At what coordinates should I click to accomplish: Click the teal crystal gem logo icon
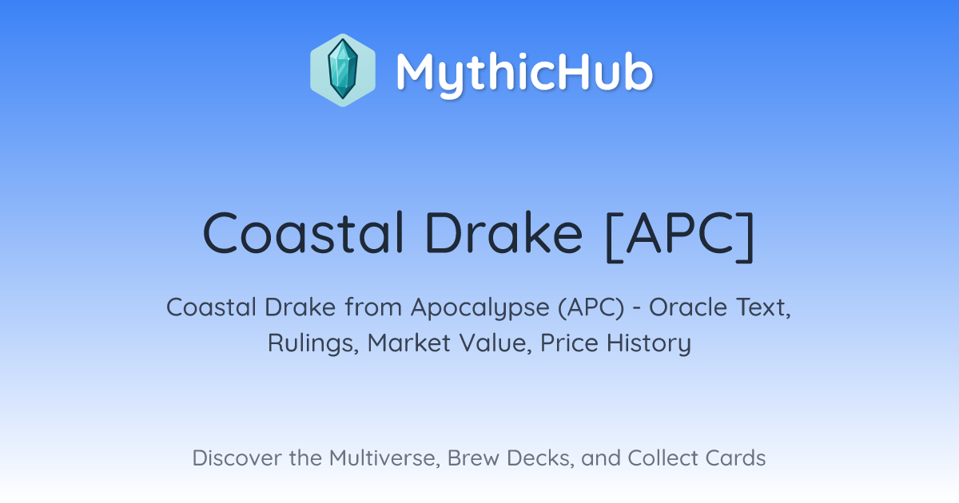pyautogui.click(x=343, y=70)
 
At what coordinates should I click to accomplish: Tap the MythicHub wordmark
pyautogui.click(x=524, y=73)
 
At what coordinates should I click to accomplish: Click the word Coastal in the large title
pyautogui.click(x=304, y=233)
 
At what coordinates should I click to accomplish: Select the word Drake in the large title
pyautogui.click(x=504, y=233)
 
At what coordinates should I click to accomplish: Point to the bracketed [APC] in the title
pyautogui.click(x=680, y=236)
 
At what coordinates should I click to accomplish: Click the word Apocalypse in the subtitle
pyautogui.click(x=480, y=308)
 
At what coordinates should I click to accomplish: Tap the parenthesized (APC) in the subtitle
pyautogui.click(x=591, y=307)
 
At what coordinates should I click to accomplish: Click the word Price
pyautogui.click(x=569, y=343)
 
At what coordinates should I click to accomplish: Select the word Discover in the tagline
pyautogui.click(x=237, y=457)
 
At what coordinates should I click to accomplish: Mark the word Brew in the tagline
pyautogui.click(x=473, y=457)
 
